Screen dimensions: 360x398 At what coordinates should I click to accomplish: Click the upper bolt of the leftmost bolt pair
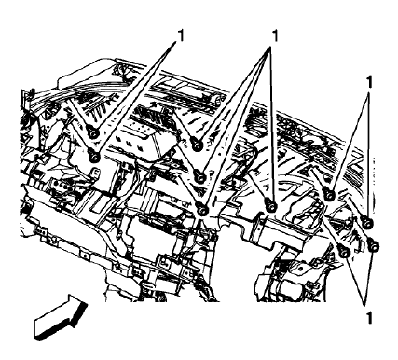[93, 134]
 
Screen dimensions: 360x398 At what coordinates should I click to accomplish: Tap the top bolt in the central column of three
[198, 145]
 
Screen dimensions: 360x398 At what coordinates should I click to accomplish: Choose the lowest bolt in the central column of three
[202, 208]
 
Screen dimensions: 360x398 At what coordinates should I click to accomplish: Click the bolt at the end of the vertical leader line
[270, 207]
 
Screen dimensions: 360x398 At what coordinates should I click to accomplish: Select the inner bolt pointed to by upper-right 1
[330, 195]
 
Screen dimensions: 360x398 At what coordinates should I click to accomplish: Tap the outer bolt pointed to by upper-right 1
[365, 222]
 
